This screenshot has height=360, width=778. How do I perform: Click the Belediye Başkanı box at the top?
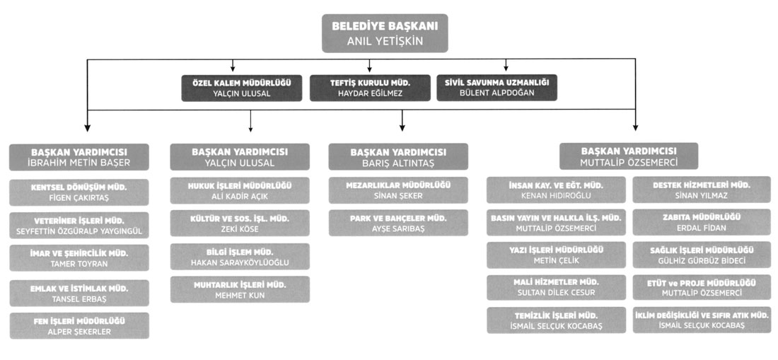pos(385,34)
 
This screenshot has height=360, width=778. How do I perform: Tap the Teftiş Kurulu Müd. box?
pos(370,88)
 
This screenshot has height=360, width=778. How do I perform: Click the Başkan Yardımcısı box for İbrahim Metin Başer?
pos(79,157)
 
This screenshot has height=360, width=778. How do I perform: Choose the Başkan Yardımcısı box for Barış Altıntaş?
pos(398,157)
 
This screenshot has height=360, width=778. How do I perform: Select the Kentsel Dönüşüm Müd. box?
pos(79,192)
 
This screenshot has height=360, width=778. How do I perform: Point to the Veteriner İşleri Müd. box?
pos(79,225)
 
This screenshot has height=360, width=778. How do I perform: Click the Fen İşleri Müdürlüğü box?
pos(79,326)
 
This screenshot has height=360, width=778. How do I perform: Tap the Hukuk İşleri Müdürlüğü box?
pos(240,191)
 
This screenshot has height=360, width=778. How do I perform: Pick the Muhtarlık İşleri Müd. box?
pos(240,289)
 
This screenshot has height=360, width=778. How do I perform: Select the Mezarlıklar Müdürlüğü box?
pos(398,191)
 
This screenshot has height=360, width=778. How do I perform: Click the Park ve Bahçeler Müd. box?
pos(398,223)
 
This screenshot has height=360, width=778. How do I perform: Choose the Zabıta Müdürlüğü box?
pos(701,223)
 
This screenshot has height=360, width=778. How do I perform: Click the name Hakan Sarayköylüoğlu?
pos(240,262)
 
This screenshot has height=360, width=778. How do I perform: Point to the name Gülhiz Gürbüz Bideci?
pos(701,261)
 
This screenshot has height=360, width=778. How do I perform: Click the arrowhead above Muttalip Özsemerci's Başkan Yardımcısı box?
pos(635,128)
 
